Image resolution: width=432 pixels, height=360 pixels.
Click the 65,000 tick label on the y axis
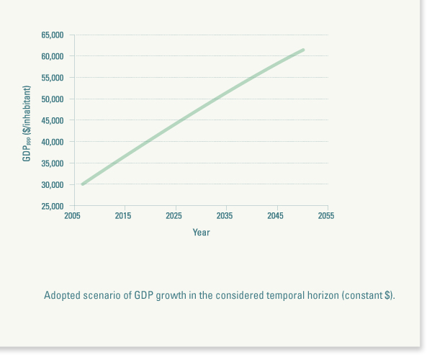[53, 35]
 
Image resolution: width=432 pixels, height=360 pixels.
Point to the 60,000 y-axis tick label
[53, 56]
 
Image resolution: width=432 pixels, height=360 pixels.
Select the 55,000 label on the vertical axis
[53, 78]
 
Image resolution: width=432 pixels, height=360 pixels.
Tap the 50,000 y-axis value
[53, 99]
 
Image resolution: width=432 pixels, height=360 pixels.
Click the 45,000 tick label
[53, 120]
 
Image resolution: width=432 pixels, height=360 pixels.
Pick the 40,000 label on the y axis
[53, 142]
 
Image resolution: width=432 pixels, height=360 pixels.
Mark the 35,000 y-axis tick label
[53, 163]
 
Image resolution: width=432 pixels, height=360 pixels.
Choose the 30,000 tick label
[53, 185]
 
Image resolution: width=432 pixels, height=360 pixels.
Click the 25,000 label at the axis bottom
[53, 207]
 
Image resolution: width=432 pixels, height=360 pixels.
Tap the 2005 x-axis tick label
[73, 216]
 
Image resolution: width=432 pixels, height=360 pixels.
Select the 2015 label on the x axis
[123, 216]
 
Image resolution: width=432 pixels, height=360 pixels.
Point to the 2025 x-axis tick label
[174, 216]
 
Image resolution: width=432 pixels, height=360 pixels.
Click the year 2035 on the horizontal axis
[225, 216]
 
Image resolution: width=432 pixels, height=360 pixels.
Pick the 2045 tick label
[275, 216]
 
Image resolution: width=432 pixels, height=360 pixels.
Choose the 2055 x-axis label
[326, 216]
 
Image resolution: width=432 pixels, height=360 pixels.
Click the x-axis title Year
[201, 233]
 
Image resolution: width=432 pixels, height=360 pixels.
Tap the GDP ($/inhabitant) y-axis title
[27, 123]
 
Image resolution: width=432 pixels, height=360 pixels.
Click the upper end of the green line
[303, 50]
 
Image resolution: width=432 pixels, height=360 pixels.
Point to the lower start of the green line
[83, 184]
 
